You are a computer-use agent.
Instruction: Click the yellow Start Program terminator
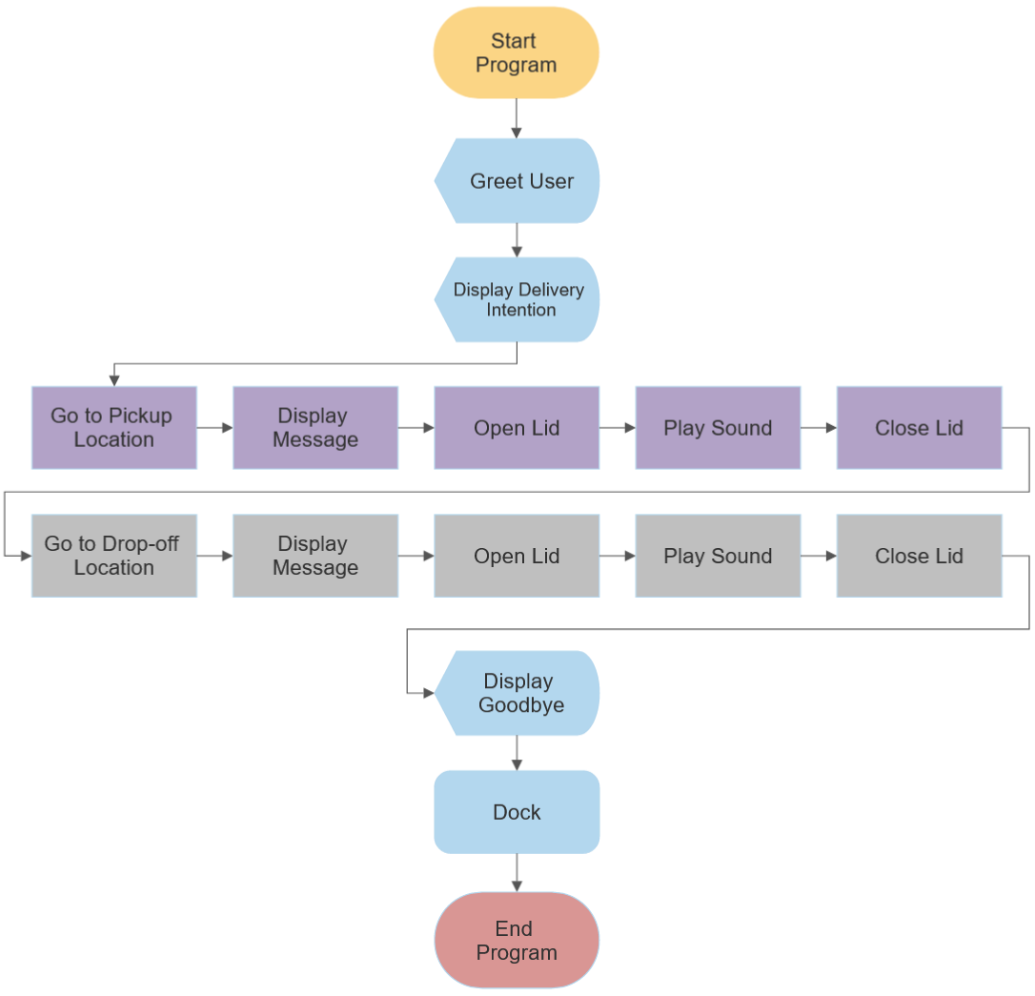[517, 53]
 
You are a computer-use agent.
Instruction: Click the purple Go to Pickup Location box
[114, 428]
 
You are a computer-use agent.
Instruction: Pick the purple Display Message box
[315, 428]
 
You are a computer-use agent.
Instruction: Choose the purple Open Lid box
[517, 428]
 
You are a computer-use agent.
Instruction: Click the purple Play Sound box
[718, 428]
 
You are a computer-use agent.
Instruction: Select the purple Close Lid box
[919, 428]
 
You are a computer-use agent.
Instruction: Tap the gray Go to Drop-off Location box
[114, 556]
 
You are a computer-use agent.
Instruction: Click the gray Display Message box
[315, 556]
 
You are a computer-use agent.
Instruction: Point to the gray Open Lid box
[517, 556]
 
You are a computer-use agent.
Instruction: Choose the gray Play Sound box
[718, 556]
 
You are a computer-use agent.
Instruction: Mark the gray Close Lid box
[919, 556]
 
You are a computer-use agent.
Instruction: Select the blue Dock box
[517, 812]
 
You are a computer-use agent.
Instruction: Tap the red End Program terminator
[517, 941]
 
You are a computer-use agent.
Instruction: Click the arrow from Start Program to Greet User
[517, 118]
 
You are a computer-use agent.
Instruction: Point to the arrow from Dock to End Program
[517, 872]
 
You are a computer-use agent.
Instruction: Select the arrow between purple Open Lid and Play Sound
[618, 428]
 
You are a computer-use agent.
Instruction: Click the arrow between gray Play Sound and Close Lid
[819, 556]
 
